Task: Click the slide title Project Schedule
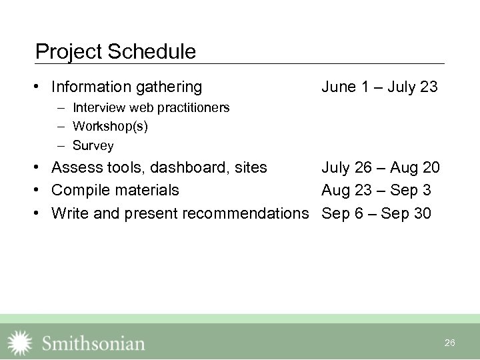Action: [115, 52]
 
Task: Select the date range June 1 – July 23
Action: [379, 87]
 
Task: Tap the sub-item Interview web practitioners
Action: [151, 107]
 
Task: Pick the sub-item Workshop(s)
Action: [110, 126]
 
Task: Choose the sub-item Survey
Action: [93, 145]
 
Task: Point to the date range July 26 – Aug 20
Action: [380, 167]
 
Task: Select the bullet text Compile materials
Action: [115, 191]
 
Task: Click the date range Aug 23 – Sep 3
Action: [376, 191]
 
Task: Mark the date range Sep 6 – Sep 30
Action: [376, 214]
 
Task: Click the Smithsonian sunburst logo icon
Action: [19, 343]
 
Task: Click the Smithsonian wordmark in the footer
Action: [93, 343]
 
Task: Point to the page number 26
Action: [449, 343]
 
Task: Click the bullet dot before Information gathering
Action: [41, 87]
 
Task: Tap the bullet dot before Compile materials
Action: [41, 191]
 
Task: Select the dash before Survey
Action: [61, 145]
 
